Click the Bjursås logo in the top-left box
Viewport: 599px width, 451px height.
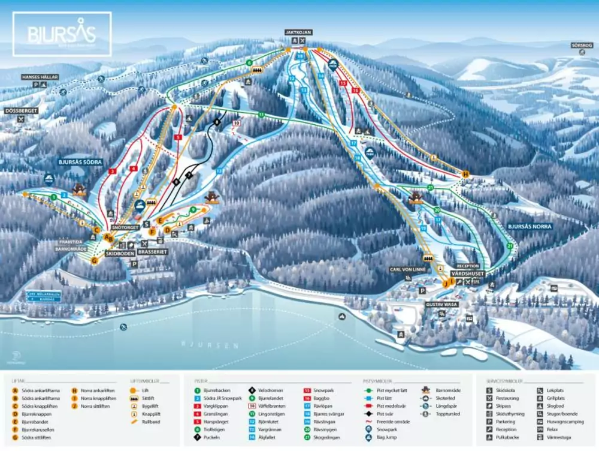click(x=62, y=34)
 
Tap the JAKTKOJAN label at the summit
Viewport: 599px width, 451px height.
click(x=298, y=32)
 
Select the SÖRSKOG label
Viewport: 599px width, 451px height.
click(x=582, y=44)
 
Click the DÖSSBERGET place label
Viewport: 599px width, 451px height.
click(x=22, y=111)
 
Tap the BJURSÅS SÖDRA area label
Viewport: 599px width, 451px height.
click(x=80, y=162)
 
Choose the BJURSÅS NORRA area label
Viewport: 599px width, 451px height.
click(x=529, y=227)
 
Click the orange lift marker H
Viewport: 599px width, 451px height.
click(x=465, y=174)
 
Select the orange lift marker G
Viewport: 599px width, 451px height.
click(x=94, y=260)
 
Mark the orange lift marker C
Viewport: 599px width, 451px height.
click(x=97, y=230)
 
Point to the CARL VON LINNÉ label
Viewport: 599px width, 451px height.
click(x=407, y=269)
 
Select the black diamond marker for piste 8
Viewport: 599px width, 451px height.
click(x=217, y=122)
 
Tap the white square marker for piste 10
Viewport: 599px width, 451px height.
click(x=237, y=123)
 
